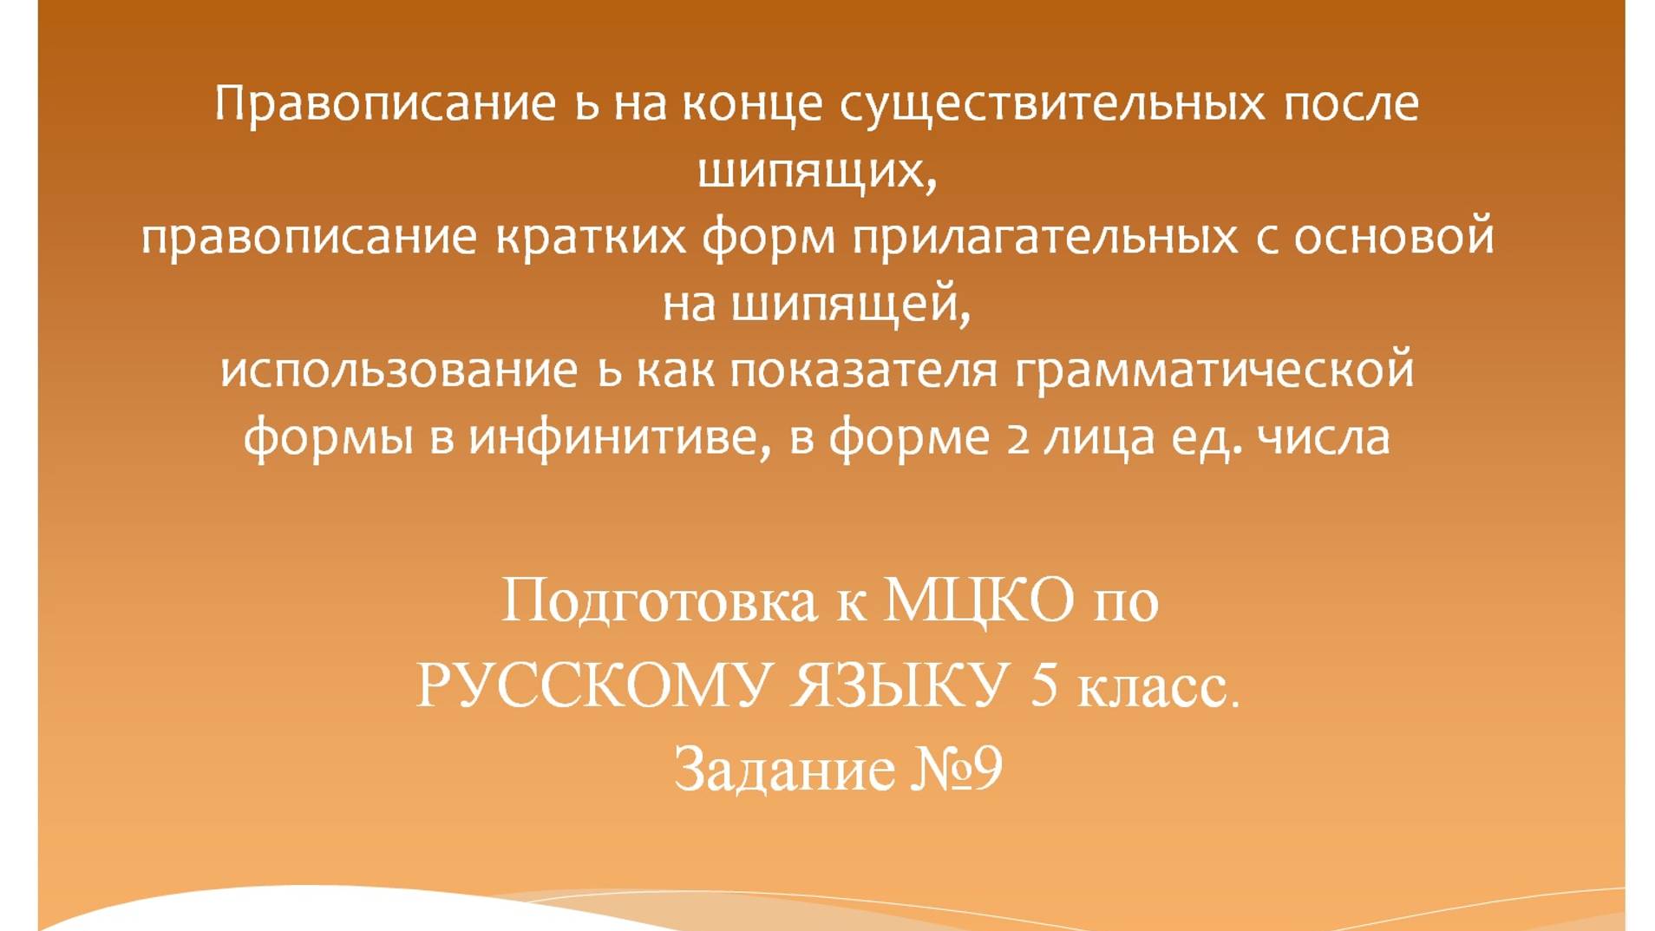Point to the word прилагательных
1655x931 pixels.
(x=1045, y=237)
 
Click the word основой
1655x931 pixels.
(x=1394, y=237)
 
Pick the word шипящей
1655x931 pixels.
(x=848, y=304)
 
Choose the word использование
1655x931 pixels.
(x=399, y=370)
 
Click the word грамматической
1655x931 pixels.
(x=1214, y=370)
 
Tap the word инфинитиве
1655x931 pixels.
(x=618, y=436)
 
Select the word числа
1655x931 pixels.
(x=1324, y=436)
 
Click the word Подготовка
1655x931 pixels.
(x=659, y=601)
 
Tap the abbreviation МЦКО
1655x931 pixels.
(x=978, y=600)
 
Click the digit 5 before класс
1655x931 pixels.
(x=1044, y=685)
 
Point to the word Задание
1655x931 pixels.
(x=784, y=769)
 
